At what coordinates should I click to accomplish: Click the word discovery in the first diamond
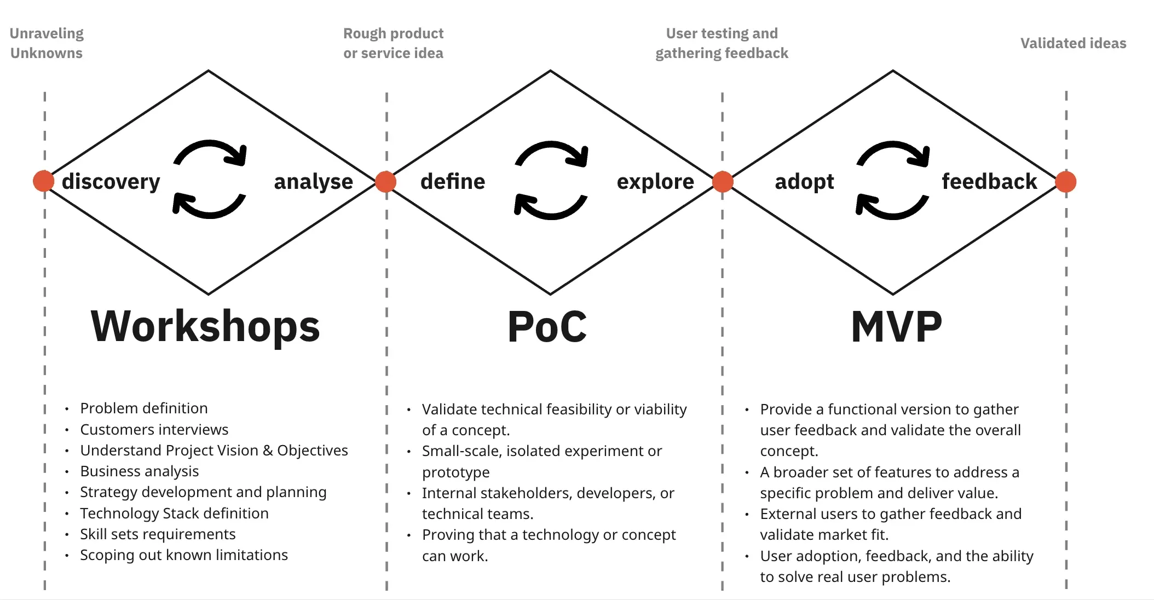click(x=111, y=182)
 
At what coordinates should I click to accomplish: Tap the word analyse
click(x=313, y=182)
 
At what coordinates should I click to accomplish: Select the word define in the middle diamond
click(x=452, y=182)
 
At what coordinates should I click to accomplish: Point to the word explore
click(x=655, y=182)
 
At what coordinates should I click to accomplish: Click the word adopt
click(x=804, y=182)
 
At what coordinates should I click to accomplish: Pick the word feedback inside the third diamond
click(x=989, y=182)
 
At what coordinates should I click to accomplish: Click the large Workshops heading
click(x=205, y=327)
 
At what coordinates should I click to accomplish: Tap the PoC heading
click(x=547, y=327)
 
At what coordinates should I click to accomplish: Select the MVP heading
click(x=896, y=327)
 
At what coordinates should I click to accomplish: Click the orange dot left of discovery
click(x=44, y=181)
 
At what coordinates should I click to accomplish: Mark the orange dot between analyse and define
click(x=386, y=182)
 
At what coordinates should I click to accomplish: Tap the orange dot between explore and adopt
click(x=723, y=182)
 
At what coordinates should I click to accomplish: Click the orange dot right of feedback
click(x=1065, y=182)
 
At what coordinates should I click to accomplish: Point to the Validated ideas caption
click(x=1073, y=43)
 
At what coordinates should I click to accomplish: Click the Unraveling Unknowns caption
click(x=47, y=43)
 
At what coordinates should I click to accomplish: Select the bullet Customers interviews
click(x=154, y=430)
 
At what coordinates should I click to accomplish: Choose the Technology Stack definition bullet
click(x=174, y=514)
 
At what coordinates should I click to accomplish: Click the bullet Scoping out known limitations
click(x=183, y=555)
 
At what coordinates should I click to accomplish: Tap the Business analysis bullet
click(x=139, y=471)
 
